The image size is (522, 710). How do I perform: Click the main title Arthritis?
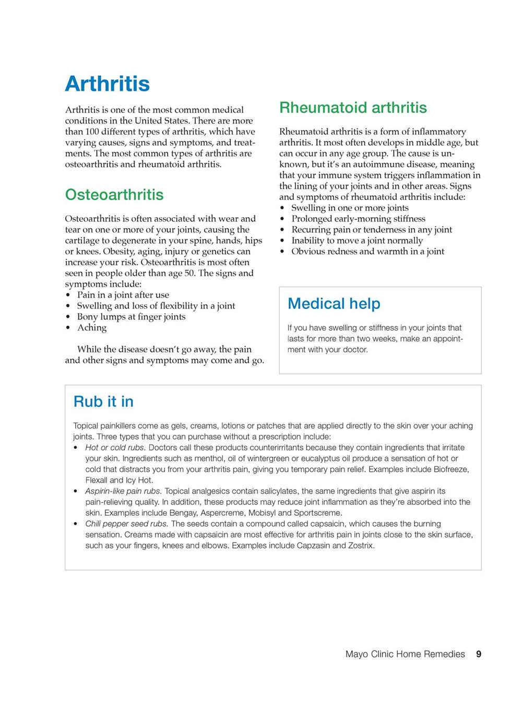(x=107, y=84)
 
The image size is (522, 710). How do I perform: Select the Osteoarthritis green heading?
(x=114, y=195)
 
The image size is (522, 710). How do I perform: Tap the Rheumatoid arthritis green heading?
(x=353, y=108)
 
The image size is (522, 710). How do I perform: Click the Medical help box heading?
(x=334, y=304)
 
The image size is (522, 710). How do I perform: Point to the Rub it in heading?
(x=103, y=401)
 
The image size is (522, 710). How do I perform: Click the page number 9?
(x=478, y=654)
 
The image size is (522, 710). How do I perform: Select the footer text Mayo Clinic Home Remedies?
(x=405, y=654)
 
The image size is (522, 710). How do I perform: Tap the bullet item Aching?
(x=92, y=328)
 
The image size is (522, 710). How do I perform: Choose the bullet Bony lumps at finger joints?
(x=131, y=317)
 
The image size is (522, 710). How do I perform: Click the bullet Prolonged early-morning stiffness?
(x=358, y=219)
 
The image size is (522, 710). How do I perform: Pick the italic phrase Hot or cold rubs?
(x=115, y=448)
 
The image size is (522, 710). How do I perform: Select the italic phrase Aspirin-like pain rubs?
(x=123, y=491)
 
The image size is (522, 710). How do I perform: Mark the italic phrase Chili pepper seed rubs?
(x=126, y=524)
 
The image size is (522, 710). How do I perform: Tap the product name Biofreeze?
(x=450, y=470)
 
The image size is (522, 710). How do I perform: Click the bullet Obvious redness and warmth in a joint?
(x=367, y=252)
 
